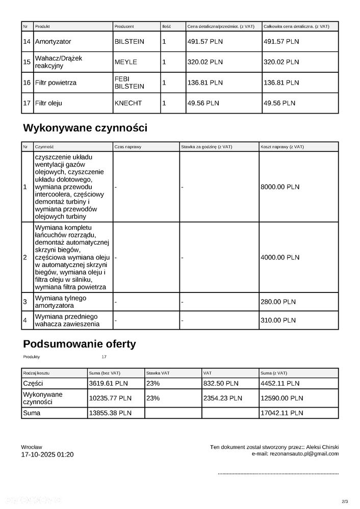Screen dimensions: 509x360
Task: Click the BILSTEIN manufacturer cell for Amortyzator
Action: coord(130,41)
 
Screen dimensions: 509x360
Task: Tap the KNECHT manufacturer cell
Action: coord(128,103)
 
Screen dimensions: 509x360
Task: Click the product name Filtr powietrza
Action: coord(56,83)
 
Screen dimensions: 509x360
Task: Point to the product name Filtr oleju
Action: coord(48,103)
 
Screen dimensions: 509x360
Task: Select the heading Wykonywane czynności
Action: coord(85,127)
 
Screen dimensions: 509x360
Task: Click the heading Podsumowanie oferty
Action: coord(80,344)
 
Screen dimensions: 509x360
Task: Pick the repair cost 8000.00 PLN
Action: coord(280,187)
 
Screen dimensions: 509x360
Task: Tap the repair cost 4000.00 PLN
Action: coord(280,257)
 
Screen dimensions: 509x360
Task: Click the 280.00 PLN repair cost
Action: coord(278,302)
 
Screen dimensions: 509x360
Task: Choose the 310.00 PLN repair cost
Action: coord(278,320)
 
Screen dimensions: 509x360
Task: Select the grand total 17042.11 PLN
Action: coord(281,413)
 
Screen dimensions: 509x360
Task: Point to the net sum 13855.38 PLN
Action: coord(110,413)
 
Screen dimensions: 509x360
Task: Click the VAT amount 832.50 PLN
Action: coord(221,383)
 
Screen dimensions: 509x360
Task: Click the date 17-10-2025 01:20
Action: coord(47,454)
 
